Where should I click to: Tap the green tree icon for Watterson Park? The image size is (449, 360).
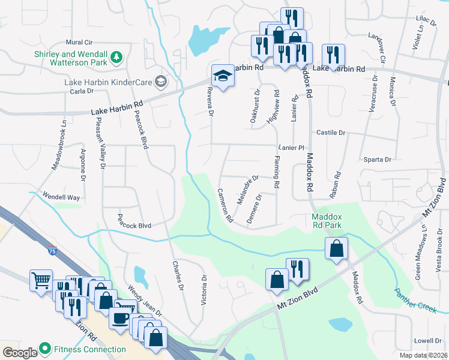click(x=117, y=58)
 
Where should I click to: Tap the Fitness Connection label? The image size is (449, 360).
click(x=89, y=349)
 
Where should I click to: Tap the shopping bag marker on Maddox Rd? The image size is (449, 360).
click(x=337, y=247)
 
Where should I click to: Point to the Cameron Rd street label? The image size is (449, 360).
click(x=225, y=206)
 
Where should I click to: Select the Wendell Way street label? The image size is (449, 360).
click(x=61, y=197)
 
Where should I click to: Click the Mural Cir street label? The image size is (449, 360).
click(x=79, y=43)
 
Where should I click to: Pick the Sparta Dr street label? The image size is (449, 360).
click(x=378, y=160)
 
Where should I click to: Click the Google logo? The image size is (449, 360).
click(x=20, y=352)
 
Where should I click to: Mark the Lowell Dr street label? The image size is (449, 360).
click(x=427, y=340)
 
